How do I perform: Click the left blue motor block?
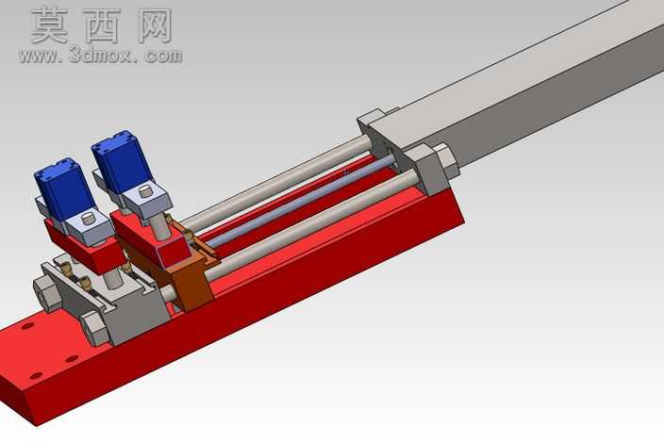pyautogui.click(x=64, y=189)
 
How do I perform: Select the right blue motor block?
pyautogui.click(x=122, y=161)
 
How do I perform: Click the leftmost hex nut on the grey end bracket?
pyautogui.click(x=45, y=293)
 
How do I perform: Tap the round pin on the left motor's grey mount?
pyautogui.click(x=90, y=219)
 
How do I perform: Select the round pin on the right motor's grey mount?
pyautogui.click(x=146, y=193)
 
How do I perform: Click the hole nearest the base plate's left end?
pyautogui.click(x=37, y=376)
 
